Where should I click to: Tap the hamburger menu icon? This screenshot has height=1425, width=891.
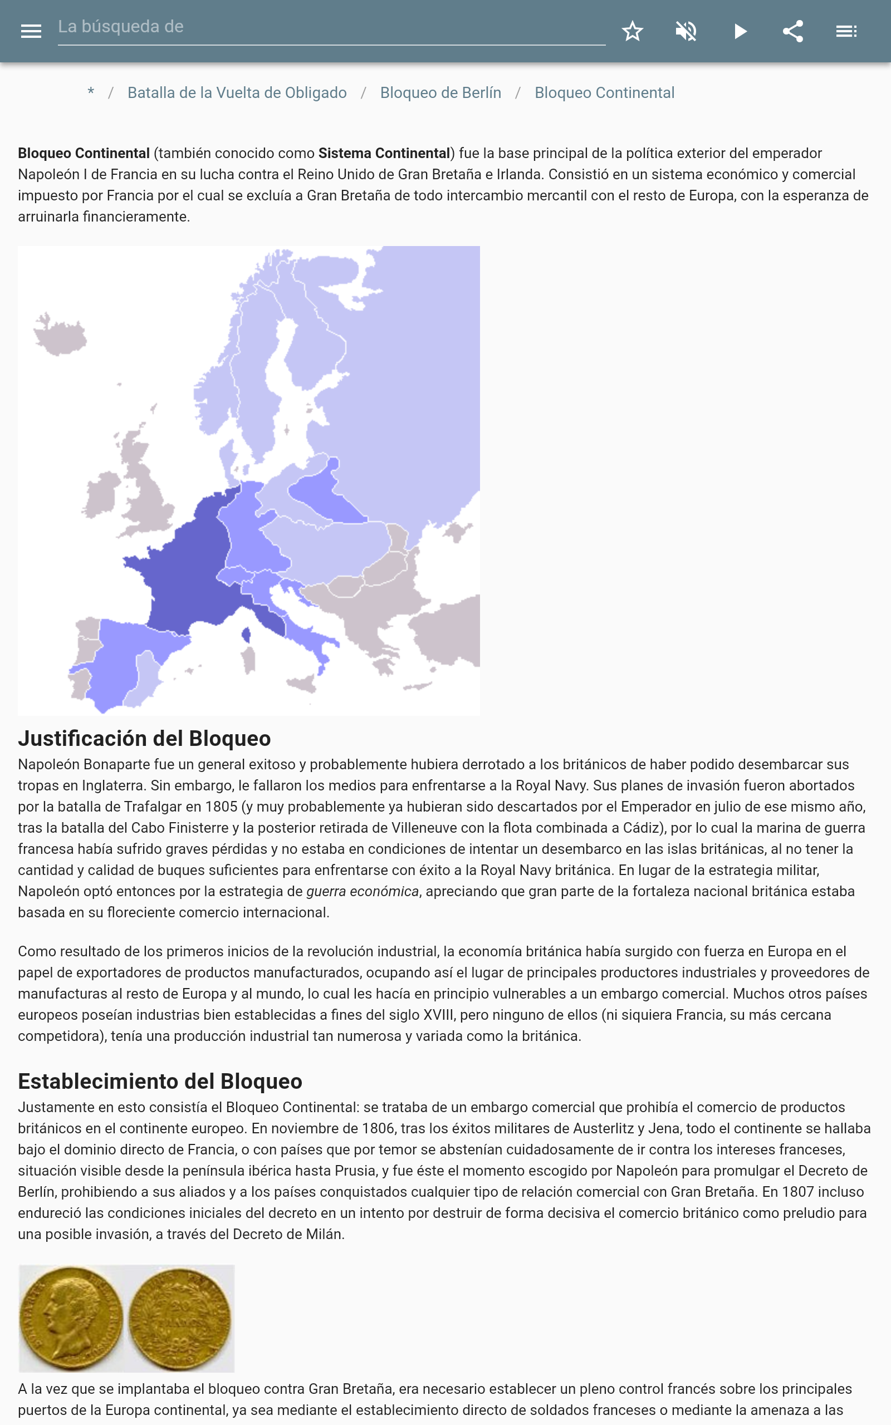point(31,31)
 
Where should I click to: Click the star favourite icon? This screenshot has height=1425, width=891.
point(632,31)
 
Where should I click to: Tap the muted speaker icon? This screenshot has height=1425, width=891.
point(686,31)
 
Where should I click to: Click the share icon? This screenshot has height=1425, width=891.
point(793,31)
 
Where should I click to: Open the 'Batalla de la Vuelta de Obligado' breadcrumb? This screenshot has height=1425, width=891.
point(237,93)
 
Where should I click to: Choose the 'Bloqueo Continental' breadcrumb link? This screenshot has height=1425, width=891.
point(604,93)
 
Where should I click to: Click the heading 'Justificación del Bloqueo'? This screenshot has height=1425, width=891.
point(144,739)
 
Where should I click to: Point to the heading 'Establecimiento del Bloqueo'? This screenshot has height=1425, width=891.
point(160,1081)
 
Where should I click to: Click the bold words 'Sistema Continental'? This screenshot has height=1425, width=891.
point(384,154)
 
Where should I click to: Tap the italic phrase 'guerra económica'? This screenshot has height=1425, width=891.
point(363,892)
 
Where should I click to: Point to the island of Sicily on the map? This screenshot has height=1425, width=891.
point(302,684)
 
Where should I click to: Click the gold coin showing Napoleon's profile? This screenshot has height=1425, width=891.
point(71,1318)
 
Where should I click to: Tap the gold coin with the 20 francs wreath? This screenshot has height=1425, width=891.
point(180,1318)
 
